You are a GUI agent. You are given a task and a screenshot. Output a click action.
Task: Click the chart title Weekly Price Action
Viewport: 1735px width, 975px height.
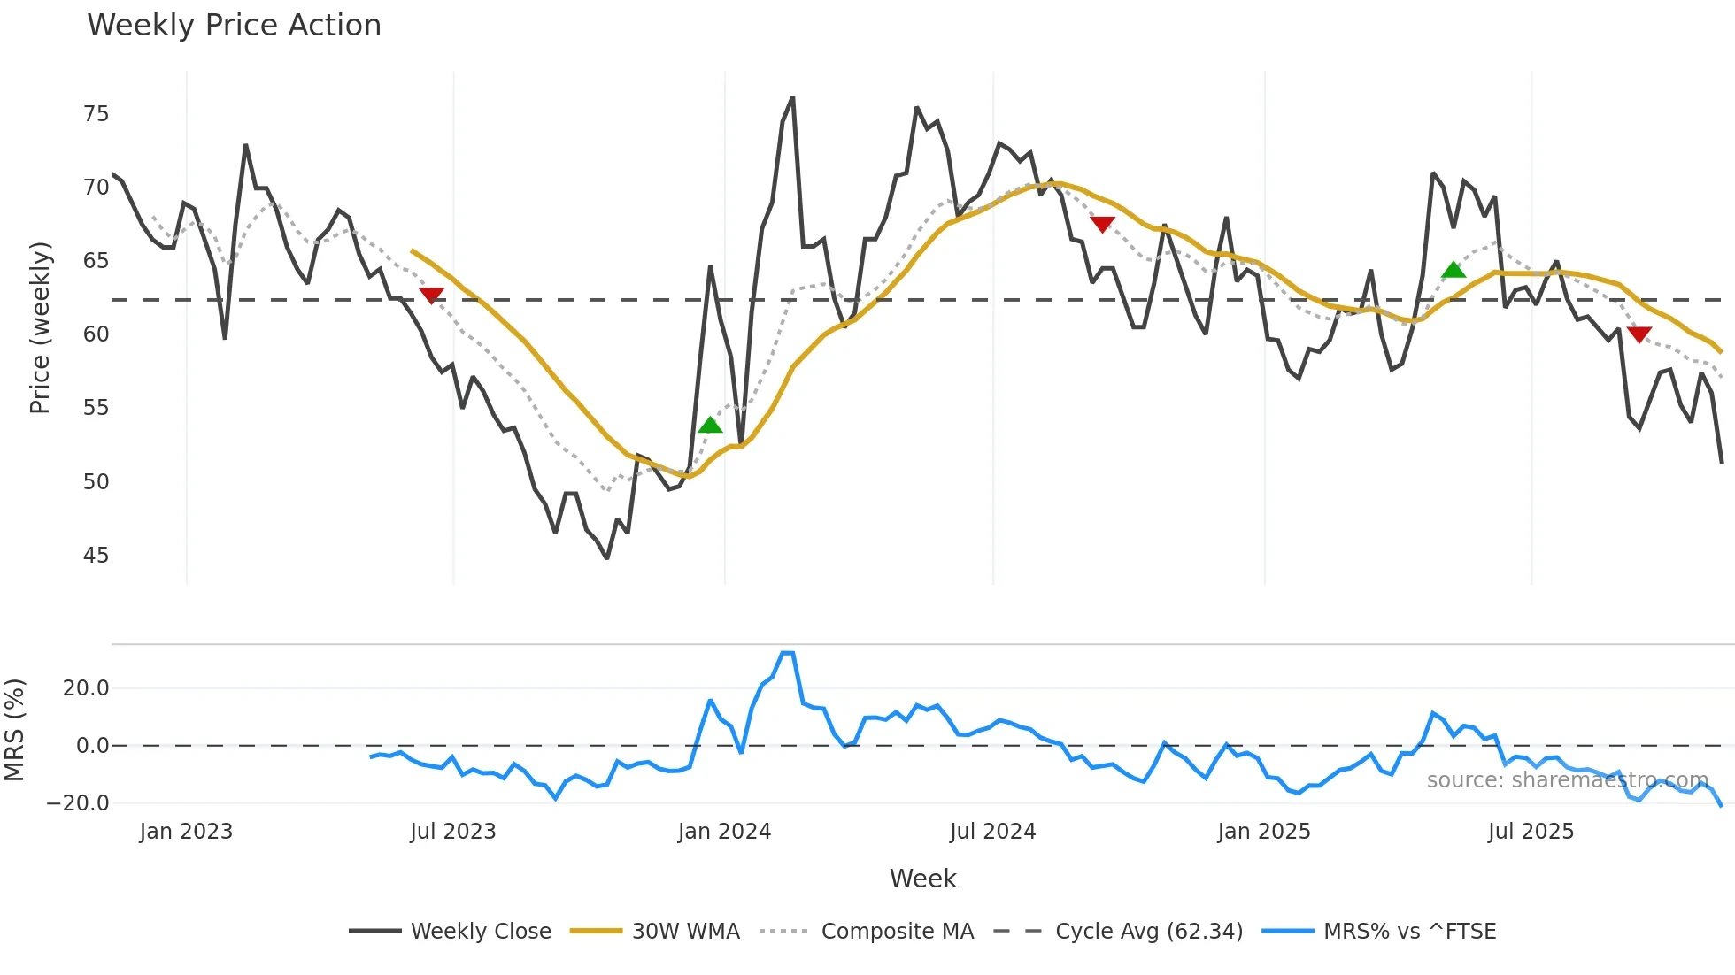pos(234,26)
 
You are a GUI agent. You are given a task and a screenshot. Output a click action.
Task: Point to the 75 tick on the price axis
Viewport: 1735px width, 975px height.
pos(96,114)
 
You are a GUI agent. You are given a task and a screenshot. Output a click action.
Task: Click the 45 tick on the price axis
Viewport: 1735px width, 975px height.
pos(96,556)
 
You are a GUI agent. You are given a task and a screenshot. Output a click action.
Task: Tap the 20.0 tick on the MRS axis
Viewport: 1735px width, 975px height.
pos(86,688)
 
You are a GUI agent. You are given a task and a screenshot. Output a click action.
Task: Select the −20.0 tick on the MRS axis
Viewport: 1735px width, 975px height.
pos(78,803)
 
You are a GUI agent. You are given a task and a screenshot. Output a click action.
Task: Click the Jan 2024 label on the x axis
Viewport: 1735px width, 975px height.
pos(724,832)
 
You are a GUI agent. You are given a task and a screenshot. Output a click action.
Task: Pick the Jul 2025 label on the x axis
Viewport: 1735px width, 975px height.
pos(1531,832)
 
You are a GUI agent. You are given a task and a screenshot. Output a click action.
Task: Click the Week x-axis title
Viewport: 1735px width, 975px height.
pos(922,879)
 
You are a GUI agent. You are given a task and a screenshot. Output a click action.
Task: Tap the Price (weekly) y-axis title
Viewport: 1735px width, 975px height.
pos(40,327)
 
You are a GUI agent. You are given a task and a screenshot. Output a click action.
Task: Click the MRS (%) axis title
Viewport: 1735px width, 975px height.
pos(14,730)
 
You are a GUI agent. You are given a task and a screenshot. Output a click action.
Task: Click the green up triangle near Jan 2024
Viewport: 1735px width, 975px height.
pos(710,426)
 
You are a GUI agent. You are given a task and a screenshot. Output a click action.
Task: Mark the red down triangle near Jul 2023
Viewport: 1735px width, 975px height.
pos(431,296)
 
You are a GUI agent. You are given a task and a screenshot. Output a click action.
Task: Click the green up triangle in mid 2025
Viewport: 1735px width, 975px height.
pos(1454,270)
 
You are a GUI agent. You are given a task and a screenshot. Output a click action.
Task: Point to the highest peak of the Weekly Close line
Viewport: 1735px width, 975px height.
pos(792,98)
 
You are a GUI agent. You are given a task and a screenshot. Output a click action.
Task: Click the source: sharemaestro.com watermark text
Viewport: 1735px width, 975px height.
pos(1567,780)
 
